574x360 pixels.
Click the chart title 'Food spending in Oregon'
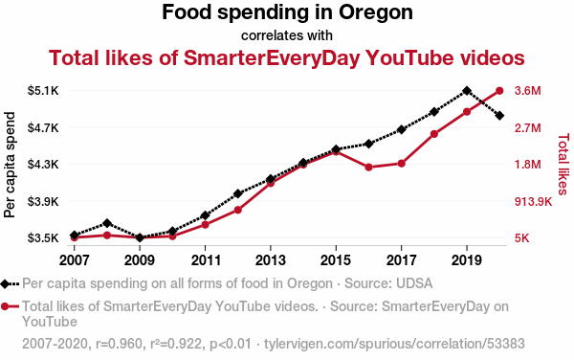pyautogui.click(x=287, y=12)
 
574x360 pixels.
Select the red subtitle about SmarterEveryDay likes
pyautogui.click(x=287, y=57)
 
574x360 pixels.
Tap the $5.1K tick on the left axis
pyautogui.click(x=43, y=90)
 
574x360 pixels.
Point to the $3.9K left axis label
pyautogui.click(x=43, y=201)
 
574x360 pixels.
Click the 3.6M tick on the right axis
pyautogui.click(x=527, y=90)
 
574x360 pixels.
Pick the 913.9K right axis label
pyautogui.click(x=533, y=201)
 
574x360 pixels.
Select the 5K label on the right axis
pyautogui.click(x=521, y=238)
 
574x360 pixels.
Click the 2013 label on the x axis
pyautogui.click(x=270, y=260)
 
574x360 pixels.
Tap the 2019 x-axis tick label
pyautogui.click(x=467, y=260)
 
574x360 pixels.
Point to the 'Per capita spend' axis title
pyautogui.click(x=10, y=165)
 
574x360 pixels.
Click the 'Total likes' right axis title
pyautogui.click(x=563, y=164)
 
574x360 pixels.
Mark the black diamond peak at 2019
pyautogui.click(x=467, y=90)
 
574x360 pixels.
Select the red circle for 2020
pyautogui.click(x=499, y=91)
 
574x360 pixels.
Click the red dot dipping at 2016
pyautogui.click(x=368, y=168)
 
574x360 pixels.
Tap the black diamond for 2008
pyautogui.click(x=107, y=223)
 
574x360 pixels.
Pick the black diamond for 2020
pyautogui.click(x=499, y=116)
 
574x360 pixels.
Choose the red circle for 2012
pyautogui.click(x=238, y=210)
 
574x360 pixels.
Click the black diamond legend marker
pyautogui.click(x=5, y=283)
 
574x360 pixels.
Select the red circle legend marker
pyautogui.click(x=5, y=306)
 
